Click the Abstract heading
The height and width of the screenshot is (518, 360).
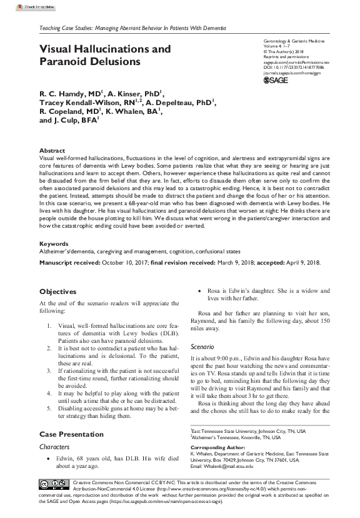(52, 151)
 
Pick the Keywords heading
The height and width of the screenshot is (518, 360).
(54, 243)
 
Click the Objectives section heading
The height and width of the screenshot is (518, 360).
(58, 292)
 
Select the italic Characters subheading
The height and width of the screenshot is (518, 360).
(54, 447)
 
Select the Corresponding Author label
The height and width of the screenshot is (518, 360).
(216, 465)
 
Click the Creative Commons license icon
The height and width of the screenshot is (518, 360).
(54, 501)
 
